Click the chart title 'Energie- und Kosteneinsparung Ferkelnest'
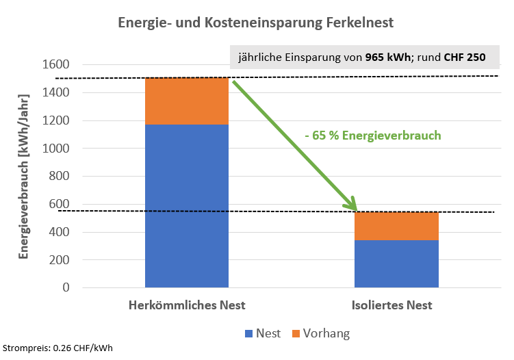[256, 23]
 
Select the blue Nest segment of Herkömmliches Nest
[187, 205]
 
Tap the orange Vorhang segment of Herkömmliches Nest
[187, 101]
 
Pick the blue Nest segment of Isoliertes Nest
[396, 263]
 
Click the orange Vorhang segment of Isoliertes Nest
[396, 226]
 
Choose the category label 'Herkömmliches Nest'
[187, 305]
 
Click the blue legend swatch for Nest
[248, 334]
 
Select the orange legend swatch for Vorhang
[296, 334]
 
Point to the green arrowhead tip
[357, 209]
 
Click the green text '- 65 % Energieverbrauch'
[372, 136]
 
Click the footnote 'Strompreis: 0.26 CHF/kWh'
[57, 348]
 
